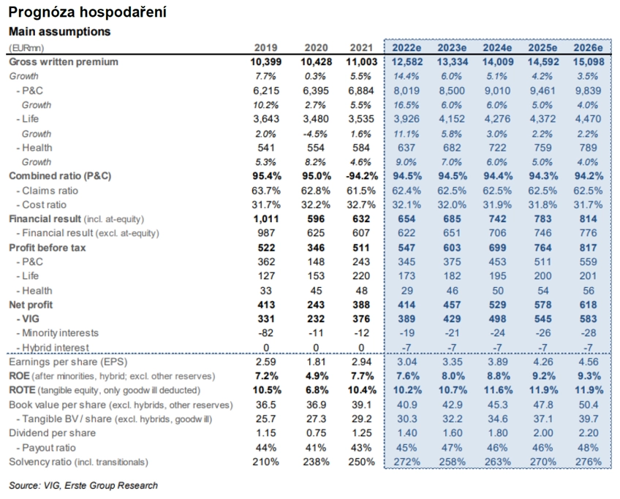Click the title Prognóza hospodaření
coord(88,12)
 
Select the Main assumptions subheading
coord(60,31)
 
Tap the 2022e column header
coord(407,47)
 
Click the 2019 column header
coord(265,47)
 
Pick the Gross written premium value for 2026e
coord(589,62)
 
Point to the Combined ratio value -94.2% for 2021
coord(362,176)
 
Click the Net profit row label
coord(31,305)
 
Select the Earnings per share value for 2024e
coord(497,362)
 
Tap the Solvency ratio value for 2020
coord(316,462)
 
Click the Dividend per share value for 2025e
coord(543,433)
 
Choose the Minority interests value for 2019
coord(265,333)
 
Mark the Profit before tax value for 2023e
coord(452,248)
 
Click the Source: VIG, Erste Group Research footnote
coord(83,486)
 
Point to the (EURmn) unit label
coord(26,48)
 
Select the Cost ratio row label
coord(41,205)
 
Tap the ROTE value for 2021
coord(362,390)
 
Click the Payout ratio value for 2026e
coord(589,448)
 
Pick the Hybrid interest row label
coord(53,348)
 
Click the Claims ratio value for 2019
coord(265,191)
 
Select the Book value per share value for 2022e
coord(407,405)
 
